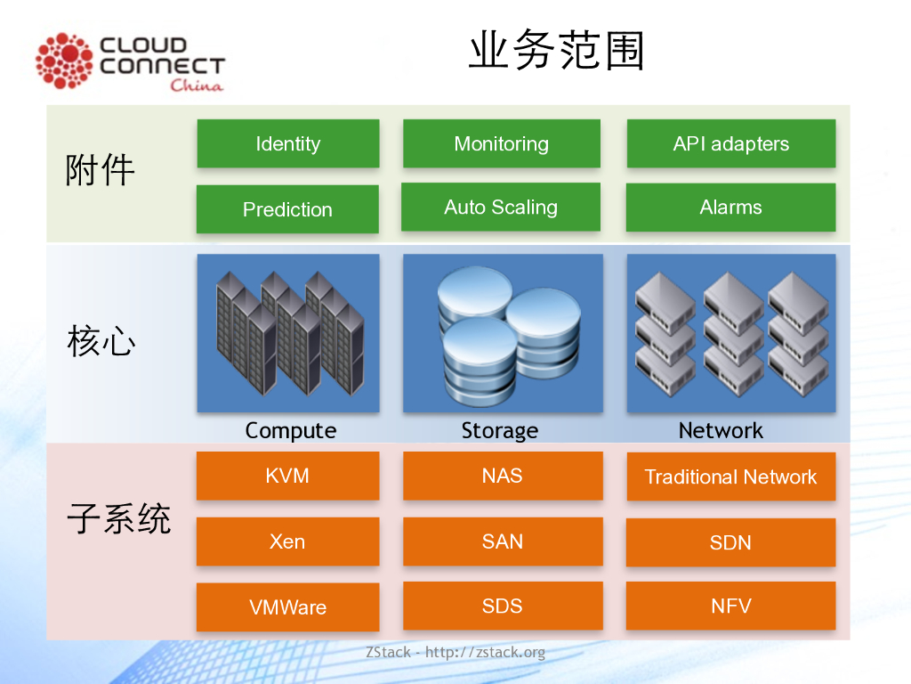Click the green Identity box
click(x=287, y=143)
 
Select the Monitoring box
click(x=501, y=143)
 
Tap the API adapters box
click(x=730, y=143)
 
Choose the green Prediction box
click(x=287, y=209)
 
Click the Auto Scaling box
click(x=501, y=208)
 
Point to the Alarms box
click(x=730, y=208)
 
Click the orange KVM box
click(x=287, y=476)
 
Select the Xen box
click(x=287, y=541)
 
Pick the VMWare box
click(x=287, y=607)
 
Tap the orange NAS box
click(x=502, y=476)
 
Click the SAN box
click(x=502, y=541)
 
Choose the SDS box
click(x=502, y=607)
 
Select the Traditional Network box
click(x=730, y=476)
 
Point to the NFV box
click(x=730, y=607)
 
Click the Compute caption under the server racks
click(x=291, y=430)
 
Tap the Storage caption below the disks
click(x=500, y=431)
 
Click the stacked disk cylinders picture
click(x=503, y=335)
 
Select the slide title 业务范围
click(x=556, y=52)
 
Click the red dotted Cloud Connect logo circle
click(x=64, y=61)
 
